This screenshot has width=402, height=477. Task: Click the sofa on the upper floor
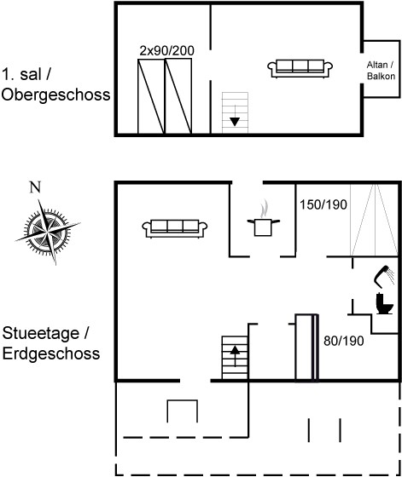(300, 69)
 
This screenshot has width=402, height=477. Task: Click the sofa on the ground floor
(175, 228)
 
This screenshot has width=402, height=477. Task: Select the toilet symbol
(384, 303)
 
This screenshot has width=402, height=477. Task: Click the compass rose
(47, 232)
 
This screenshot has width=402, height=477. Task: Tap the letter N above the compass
(35, 187)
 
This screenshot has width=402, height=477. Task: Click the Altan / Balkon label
(381, 70)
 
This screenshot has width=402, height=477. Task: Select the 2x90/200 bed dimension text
(166, 51)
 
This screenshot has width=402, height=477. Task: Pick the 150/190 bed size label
(323, 204)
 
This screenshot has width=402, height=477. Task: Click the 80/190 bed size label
(343, 341)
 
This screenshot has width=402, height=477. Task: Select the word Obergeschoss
(55, 95)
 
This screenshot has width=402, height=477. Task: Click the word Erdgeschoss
(51, 353)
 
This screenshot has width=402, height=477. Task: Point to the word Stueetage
(41, 333)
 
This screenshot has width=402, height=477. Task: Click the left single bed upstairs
(151, 96)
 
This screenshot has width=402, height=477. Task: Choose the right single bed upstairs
(178, 96)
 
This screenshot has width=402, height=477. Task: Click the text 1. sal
(21, 74)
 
